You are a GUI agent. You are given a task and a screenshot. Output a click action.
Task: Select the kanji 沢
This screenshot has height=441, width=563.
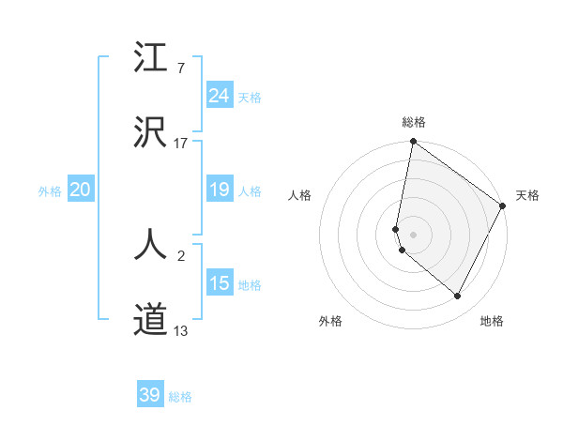click(x=151, y=132)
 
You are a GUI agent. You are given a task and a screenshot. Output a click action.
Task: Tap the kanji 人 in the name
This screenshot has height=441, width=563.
click(x=151, y=245)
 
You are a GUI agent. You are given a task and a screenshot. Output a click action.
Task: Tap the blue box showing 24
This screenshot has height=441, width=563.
click(x=219, y=96)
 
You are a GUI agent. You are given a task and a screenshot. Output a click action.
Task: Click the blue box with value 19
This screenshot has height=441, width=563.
click(x=219, y=190)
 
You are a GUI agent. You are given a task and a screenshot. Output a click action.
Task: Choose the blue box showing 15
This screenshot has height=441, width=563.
click(x=219, y=283)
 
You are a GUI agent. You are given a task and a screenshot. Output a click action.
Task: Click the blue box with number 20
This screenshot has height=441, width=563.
click(x=80, y=190)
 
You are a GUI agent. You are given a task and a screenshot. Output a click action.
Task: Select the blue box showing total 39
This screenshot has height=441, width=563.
click(x=150, y=395)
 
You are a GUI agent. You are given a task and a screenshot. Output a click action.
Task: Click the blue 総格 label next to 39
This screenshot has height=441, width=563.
click(x=180, y=397)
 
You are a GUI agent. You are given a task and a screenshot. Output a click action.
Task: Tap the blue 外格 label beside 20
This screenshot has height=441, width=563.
click(x=50, y=191)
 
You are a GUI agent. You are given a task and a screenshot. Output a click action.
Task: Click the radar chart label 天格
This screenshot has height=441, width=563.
click(x=527, y=195)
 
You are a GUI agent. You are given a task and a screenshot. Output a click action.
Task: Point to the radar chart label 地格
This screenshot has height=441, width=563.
click(x=492, y=321)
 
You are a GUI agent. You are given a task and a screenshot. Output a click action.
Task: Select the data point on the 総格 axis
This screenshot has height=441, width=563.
click(x=413, y=143)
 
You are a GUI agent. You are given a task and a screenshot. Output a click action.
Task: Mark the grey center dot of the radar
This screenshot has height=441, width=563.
click(x=413, y=234)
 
